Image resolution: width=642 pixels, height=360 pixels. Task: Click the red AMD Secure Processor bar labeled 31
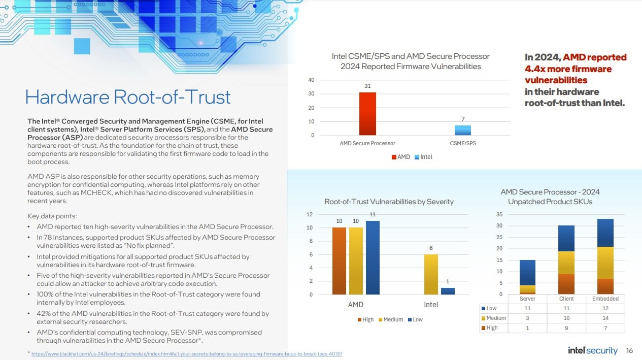[x=367, y=114]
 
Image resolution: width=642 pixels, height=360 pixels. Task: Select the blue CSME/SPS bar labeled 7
[x=462, y=130]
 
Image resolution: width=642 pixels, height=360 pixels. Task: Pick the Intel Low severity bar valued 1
[x=448, y=291]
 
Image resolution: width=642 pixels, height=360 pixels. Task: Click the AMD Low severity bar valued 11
[x=373, y=257]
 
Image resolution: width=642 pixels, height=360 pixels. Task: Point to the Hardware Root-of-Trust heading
[x=127, y=96]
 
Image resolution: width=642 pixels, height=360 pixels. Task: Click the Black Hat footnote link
[x=187, y=353]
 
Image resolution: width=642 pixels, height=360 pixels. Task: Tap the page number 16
[x=630, y=351]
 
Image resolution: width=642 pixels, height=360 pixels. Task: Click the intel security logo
[x=592, y=351]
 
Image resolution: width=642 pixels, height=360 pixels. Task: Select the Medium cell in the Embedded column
[x=605, y=318]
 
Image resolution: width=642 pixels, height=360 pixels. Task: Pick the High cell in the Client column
[x=566, y=328]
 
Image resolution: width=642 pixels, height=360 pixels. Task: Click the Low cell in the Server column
[x=527, y=308]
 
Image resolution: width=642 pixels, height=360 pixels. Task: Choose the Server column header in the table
[x=527, y=299]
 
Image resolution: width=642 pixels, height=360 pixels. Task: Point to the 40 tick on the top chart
[x=311, y=80]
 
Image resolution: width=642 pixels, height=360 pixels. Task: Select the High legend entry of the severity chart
[x=365, y=319]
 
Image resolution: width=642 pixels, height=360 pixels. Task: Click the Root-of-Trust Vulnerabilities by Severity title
[x=389, y=202]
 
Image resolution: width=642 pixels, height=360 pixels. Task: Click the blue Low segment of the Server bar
[x=527, y=273]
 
